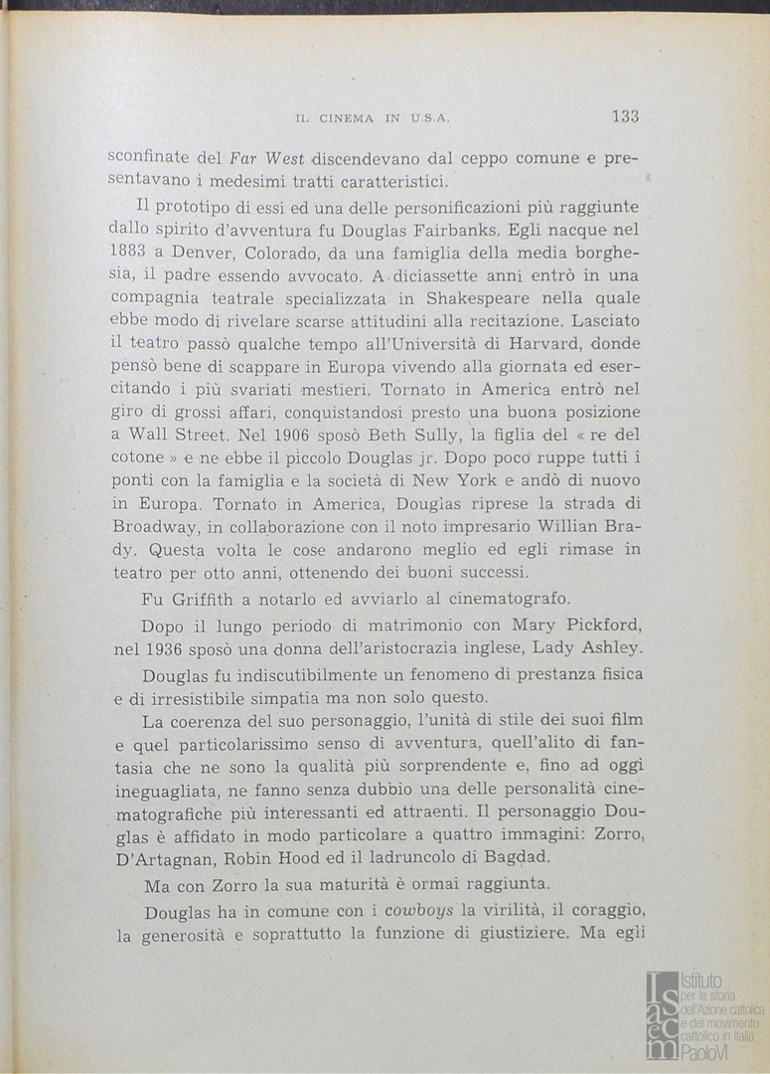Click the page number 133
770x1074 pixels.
(x=625, y=116)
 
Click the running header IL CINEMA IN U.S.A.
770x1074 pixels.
(x=374, y=118)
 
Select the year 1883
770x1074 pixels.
(x=128, y=253)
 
